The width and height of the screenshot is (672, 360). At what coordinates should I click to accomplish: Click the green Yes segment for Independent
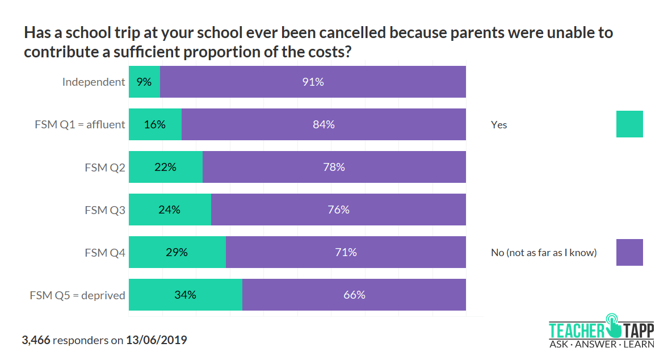[x=144, y=82]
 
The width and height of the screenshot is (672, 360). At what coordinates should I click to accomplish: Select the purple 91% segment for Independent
[x=313, y=82]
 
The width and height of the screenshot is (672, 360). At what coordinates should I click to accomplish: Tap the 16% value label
[x=155, y=124]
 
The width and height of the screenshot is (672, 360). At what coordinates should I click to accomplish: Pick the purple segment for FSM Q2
[x=334, y=167]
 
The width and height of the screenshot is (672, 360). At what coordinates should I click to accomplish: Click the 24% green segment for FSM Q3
[x=170, y=210]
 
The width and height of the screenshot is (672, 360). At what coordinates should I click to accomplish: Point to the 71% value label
[x=346, y=252]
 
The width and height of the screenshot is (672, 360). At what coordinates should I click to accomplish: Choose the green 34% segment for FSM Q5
[x=186, y=295]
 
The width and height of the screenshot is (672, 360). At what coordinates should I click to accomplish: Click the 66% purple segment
[x=354, y=295]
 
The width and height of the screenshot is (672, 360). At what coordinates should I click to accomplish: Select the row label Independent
[x=94, y=82]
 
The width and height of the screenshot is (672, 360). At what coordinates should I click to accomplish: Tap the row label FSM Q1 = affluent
[x=80, y=124]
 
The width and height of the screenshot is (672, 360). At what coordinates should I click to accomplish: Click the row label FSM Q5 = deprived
[x=78, y=295]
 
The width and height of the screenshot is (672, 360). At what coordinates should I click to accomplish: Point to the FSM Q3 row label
[x=105, y=210]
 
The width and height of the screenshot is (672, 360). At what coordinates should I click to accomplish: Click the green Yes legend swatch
[x=629, y=124]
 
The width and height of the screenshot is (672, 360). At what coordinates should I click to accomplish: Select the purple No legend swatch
[x=629, y=252]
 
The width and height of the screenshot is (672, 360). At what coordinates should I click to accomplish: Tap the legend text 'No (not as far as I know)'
[x=544, y=253]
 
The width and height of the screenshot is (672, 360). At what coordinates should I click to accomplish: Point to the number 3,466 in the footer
[x=36, y=341]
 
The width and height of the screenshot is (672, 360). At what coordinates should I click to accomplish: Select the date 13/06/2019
[x=156, y=341]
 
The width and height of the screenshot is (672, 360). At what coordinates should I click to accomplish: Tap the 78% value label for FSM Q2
[x=334, y=167]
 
